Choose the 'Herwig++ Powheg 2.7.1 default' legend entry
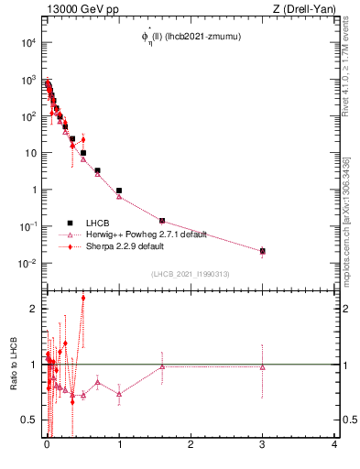pyautogui.click(x=146, y=234)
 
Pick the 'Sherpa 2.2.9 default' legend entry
pyautogui.click(x=125, y=246)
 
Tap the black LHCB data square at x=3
pyautogui.click(x=263, y=251)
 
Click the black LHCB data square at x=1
pyautogui.click(x=119, y=191)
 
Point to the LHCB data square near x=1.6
pyautogui.click(x=162, y=221)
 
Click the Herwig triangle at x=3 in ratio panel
pyautogui.click(x=263, y=366)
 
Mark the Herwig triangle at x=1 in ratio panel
pyautogui.click(x=119, y=394)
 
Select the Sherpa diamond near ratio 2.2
pyautogui.click(x=83, y=298)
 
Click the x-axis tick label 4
pyautogui.click(x=334, y=446)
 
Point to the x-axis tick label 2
pyautogui.click(x=191, y=446)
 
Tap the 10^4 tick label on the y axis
pyautogui.click(x=28, y=43)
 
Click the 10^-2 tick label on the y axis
pyautogui.click(x=28, y=264)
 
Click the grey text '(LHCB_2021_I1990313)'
pyautogui.click(x=191, y=275)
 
